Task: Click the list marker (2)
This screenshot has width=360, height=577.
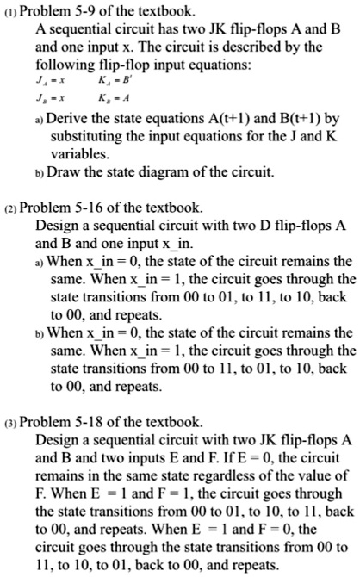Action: (9, 208)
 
